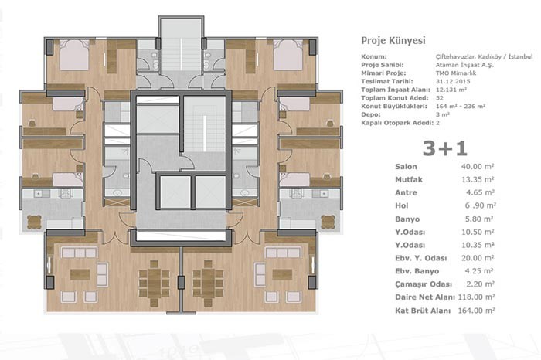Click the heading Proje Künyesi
pyautogui.click(x=393, y=41)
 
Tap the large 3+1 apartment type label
pyautogui.click(x=444, y=148)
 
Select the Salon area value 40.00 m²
pyautogui.click(x=478, y=167)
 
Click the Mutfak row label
pyautogui.click(x=409, y=180)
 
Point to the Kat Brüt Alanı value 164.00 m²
pyautogui.click(x=476, y=311)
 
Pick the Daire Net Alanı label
pyautogui.click(x=425, y=297)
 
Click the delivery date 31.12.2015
pyautogui.click(x=453, y=82)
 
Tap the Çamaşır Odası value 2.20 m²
pyautogui.click(x=480, y=284)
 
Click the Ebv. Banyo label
pyautogui.click(x=417, y=271)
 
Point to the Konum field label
pyautogui.click(x=374, y=56)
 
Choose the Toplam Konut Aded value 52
pyautogui.click(x=440, y=98)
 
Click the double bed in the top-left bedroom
pyautogui.click(x=74, y=55)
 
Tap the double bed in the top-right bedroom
pyautogui.click(x=288, y=55)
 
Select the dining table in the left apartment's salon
pyautogui.click(x=154, y=284)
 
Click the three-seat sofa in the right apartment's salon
pyautogui.click(x=282, y=253)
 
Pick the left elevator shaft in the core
pyautogui.click(x=175, y=192)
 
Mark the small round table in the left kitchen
pyautogui.click(x=34, y=222)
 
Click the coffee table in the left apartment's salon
pyautogui.click(x=80, y=274)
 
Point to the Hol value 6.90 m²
pyautogui.click(x=480, y=205)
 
